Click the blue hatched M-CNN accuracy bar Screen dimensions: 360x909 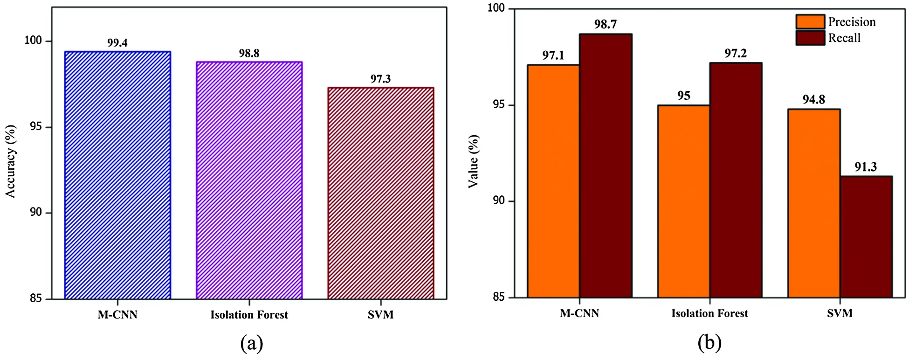click(x=117, y=175)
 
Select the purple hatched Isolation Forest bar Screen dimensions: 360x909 click(x=249, y=180)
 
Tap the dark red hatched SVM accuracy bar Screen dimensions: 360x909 click(x=380, y=193)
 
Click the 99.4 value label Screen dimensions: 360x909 click(x=117, y=43)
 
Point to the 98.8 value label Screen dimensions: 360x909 click(x=249, y=53)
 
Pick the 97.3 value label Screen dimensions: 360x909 click(x=380, y=79)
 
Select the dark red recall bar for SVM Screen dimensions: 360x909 click(x=866, y=237)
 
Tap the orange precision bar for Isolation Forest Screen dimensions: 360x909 click(x=683, y=201)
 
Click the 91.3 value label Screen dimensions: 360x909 click(x=866, y=167)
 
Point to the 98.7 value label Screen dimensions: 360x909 click(x=606, y=24)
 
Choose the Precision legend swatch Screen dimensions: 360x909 click(x=810, y=22)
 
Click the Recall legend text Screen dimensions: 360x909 click(x=844, y=38)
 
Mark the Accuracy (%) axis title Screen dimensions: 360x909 click(x=11, y=161)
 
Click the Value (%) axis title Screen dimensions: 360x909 click(x=474, y=161)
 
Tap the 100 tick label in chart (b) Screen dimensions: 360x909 click(x=496, y=8)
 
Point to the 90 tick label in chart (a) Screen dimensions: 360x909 click(x=36, y=212)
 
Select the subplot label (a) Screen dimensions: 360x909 click(x=252, y=344)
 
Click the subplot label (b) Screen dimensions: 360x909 click(x=709, y=343)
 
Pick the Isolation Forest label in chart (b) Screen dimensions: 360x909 click(x=709, y=313)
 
